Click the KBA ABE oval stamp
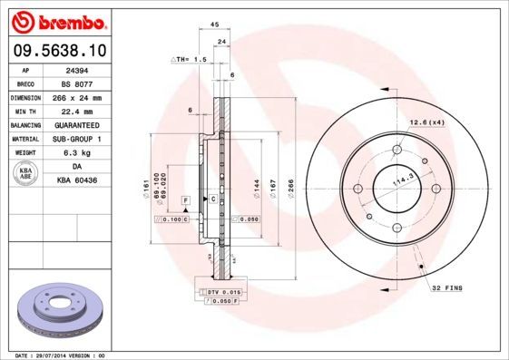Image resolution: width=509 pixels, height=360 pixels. coord(25,174)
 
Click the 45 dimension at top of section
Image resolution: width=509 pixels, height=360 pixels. coord(214,24)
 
